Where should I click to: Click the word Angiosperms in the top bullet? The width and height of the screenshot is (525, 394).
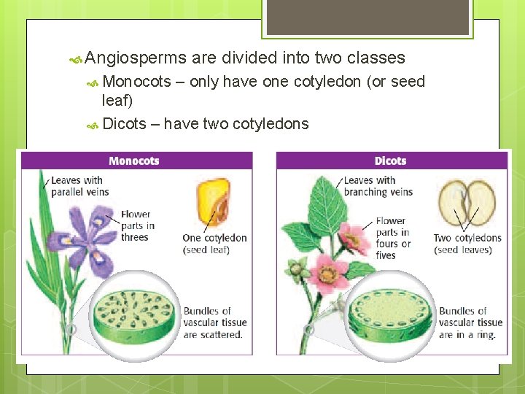[135, 58]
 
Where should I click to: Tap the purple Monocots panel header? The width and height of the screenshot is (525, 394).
[135, 161]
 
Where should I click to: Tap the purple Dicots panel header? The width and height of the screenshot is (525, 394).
[391, 161]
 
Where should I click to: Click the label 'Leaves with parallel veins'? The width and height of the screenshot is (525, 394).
[79, 186]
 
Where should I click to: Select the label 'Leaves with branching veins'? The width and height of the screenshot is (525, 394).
[378, 186]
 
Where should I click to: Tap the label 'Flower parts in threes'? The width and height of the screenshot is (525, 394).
[137, 225]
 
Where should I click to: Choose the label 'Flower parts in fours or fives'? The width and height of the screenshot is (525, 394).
[394, 238]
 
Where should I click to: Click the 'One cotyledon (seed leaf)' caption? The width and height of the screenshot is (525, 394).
[214, 244]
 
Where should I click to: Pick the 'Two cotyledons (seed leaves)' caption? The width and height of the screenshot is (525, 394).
[467, 244]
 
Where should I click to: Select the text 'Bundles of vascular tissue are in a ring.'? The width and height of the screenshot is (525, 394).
[470, 322]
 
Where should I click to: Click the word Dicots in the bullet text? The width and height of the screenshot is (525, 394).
[125, 124]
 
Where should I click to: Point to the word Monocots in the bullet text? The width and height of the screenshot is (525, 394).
[137, 81]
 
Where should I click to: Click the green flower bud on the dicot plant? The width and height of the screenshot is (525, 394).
[296, 270]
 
